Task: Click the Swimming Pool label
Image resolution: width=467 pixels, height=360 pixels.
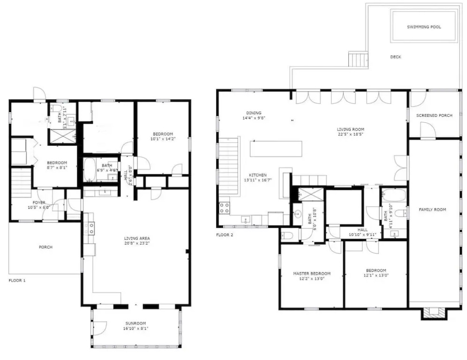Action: click(x=424, y=27)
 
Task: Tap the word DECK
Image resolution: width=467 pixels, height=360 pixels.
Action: click(x=396, y=57)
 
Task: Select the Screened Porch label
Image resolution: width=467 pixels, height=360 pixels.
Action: click(x=434, y=115)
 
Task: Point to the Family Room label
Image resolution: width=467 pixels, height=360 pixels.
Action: click(x=432, y=210)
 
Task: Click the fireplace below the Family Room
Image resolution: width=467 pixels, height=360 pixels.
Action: click(x=434, y=313)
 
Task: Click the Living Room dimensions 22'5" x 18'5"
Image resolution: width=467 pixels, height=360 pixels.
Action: click(x=350, y=134)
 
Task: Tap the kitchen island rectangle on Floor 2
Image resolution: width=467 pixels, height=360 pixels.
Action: click(x=276, y=149)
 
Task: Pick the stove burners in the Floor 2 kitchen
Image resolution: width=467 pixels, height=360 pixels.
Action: click(x=224, y=208)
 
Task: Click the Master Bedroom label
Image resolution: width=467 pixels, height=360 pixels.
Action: click(x=311, y=273)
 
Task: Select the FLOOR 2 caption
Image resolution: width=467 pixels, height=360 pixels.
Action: click(x=225, y=235)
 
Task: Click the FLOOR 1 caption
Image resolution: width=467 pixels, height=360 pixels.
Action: click(x=17, y=280)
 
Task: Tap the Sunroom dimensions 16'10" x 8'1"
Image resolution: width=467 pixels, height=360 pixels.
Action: click(x=136, y=329)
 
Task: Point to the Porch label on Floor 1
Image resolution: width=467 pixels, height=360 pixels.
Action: click(x=45, y=247)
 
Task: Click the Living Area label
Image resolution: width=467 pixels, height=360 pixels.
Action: click(x=137, y=238)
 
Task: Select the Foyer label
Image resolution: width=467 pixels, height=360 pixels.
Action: click(x=39, y=202)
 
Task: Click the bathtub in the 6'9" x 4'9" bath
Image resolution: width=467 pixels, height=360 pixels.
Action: click(x=89, y=170)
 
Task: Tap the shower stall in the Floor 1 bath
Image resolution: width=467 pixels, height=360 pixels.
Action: click(x=62, y=136)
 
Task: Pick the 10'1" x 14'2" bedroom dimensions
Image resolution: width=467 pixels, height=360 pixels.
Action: click(x=163, y=139)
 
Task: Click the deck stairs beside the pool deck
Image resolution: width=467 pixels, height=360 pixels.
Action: click(x=358, y=59)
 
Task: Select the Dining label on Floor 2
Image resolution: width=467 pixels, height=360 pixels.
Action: click(x=254, y=113)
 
